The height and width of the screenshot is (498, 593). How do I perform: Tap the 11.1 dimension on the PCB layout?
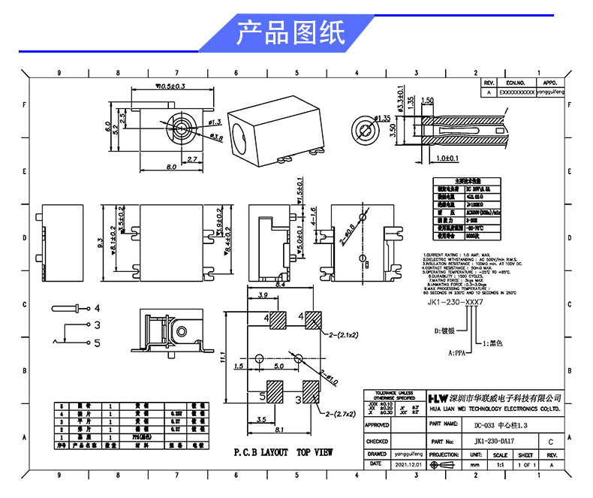coord(223,361)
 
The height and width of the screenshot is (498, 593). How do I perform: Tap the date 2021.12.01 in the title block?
coord(410,465)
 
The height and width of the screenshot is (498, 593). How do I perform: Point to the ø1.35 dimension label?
coord(382,118)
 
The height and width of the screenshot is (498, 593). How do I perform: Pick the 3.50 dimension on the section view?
coord(392,132)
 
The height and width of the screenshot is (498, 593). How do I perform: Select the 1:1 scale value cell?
coord(500,465)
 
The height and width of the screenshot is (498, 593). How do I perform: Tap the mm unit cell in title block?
coord(474,465)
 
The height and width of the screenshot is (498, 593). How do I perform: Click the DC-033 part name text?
coord(504,425)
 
